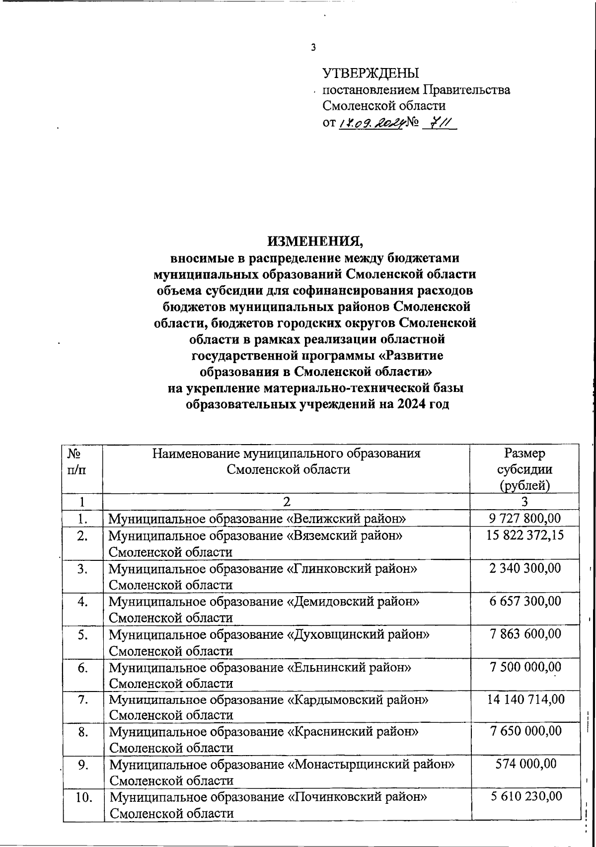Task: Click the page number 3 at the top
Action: (x=313, y=48)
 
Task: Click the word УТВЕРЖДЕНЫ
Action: (x=371, y=74)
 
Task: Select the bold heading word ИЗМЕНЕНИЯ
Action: (x=315, y=241)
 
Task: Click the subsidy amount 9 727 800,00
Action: (x=525, y=519)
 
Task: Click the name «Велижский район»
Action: (x=347, y=519)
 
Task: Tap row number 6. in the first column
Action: (x=82, y=667)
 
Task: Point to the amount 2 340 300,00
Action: (x=525, y=568)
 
